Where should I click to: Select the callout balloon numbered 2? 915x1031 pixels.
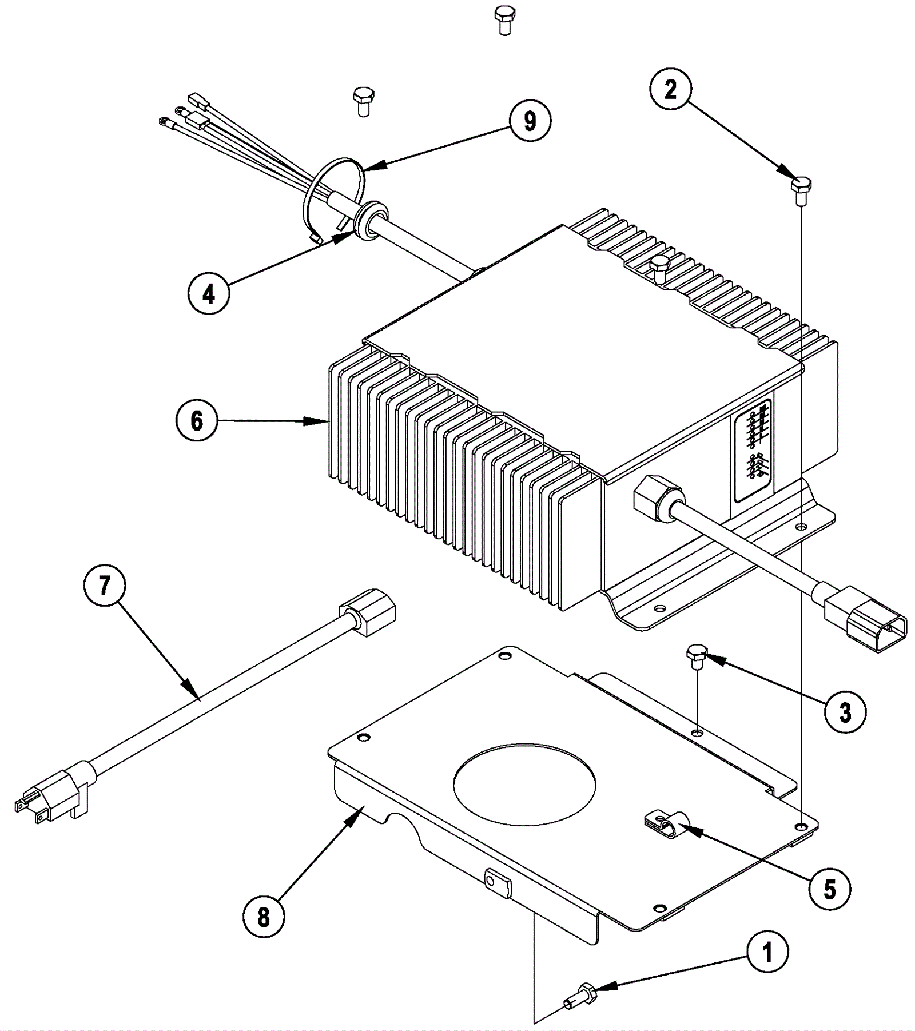point(670,90)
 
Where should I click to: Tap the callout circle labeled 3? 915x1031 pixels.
point(845,713)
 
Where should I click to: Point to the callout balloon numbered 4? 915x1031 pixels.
point(209,294)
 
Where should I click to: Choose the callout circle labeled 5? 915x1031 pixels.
point(830,889)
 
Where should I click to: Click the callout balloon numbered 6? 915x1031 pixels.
point(196,421)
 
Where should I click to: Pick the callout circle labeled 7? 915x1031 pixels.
point(104,586)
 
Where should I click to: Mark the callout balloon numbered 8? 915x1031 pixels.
point(263,918)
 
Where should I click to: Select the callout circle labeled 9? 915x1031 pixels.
point(530,121)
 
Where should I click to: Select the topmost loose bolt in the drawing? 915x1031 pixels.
point(504,19)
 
